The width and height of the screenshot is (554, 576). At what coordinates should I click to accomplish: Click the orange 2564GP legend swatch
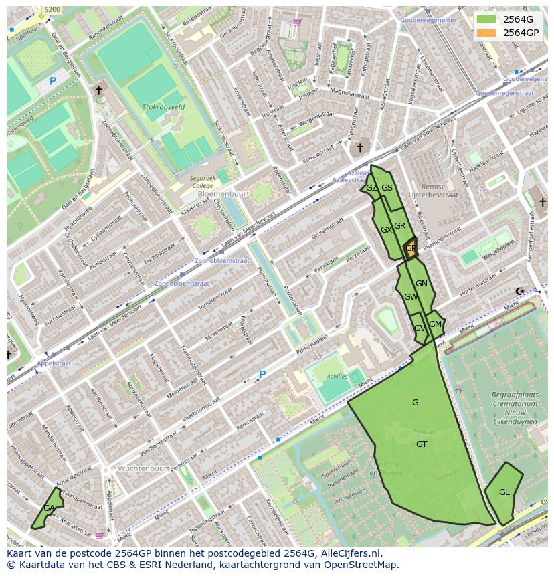487,33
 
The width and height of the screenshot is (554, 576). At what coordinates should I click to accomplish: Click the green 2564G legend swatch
487,19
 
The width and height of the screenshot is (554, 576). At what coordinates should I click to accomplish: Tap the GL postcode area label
504,492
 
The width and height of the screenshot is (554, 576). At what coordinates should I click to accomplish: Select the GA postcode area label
49,508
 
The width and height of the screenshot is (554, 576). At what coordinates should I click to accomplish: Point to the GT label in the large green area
422,444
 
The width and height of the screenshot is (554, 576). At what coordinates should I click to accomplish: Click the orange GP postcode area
410,248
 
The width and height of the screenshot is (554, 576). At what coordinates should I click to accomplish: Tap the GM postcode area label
435,324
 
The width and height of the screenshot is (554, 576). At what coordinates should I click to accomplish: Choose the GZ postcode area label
371,188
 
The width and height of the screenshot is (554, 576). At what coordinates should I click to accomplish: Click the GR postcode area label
399,226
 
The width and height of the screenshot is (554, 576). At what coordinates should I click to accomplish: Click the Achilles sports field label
337,377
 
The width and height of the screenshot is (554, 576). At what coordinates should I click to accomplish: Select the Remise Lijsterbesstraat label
436,191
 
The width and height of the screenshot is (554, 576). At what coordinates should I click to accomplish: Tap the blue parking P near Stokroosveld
53,82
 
